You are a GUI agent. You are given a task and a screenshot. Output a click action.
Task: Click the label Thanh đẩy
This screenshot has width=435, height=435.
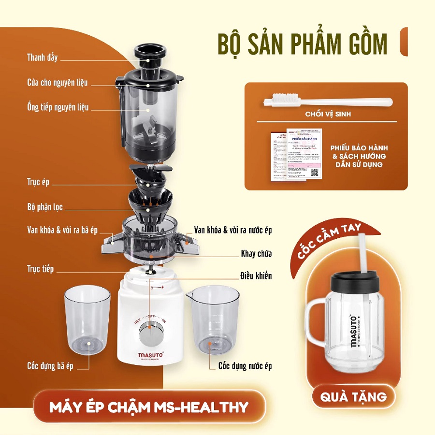pos(42,58)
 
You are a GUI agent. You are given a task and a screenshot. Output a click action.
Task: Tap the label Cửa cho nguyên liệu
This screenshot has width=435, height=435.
pos(57,83)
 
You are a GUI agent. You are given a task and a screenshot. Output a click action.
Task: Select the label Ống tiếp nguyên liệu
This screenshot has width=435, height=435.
pos(58,107)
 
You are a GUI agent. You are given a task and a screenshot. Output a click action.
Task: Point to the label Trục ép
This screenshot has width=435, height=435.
pos(38,183)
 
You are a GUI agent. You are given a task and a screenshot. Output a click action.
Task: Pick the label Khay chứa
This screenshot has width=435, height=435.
pos(256,254)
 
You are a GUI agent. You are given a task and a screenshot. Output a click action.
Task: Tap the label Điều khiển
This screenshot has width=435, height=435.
pos(256,276)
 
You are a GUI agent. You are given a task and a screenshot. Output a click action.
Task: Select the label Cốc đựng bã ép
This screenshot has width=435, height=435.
pos(50,366)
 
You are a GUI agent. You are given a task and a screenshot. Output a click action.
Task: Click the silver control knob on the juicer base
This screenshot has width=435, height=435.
pos(149,333)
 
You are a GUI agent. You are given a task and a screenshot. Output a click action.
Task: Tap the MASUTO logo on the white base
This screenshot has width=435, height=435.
pos(152,356)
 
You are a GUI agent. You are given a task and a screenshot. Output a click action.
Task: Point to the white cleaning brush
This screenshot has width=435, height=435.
pos(327,102)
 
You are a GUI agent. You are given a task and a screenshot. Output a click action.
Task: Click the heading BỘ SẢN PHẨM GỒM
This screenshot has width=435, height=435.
pos(303,44)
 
